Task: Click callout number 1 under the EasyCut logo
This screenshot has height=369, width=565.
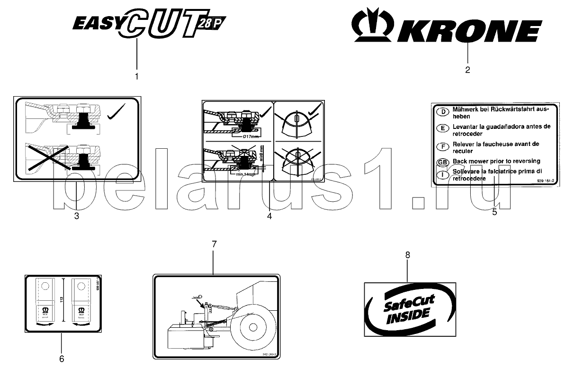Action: click(137, 76)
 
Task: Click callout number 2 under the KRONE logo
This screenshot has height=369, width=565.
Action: click(467, 70)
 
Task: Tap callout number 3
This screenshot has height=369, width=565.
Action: click(76, 216)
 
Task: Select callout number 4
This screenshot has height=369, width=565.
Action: click(269, 216)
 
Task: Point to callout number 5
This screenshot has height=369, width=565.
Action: click(494, 212)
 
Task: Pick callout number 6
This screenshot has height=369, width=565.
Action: click(62, 358)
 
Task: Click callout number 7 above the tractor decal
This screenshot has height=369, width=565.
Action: click(214, 244)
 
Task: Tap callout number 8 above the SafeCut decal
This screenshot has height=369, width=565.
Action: click(408, 255)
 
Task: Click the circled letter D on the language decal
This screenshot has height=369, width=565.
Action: click(442, 112)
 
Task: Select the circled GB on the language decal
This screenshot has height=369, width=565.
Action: click(442, 162)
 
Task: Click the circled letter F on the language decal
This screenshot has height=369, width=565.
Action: click(442, 145)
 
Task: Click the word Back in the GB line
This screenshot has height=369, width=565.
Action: click(461, 162)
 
